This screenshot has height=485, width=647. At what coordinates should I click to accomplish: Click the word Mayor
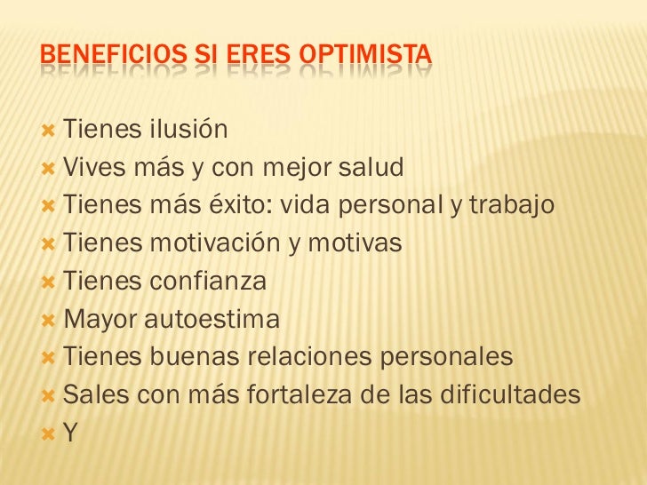point(100,319)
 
